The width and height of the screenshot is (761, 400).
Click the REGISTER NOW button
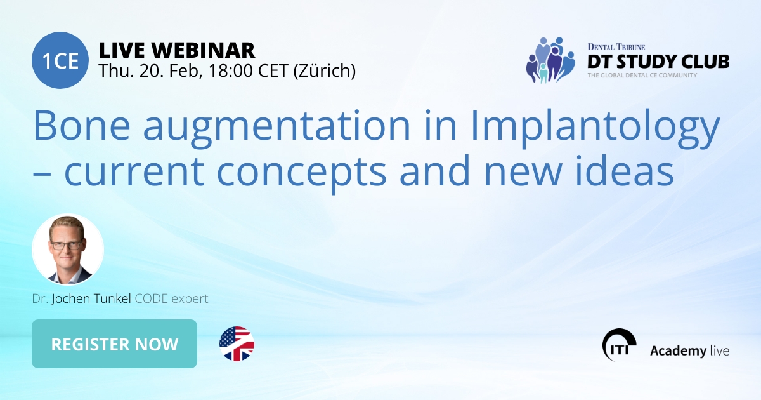[114, 344]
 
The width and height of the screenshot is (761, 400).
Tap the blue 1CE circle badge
[60, 60]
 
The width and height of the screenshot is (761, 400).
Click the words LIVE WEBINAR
[177, 49]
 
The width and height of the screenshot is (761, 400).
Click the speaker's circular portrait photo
[67, 249]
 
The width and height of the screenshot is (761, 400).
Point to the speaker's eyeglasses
[67, 244]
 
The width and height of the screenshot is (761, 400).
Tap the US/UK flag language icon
[237, 344]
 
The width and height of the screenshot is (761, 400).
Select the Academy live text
[689, 350]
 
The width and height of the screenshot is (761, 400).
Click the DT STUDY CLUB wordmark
[658, 62]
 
